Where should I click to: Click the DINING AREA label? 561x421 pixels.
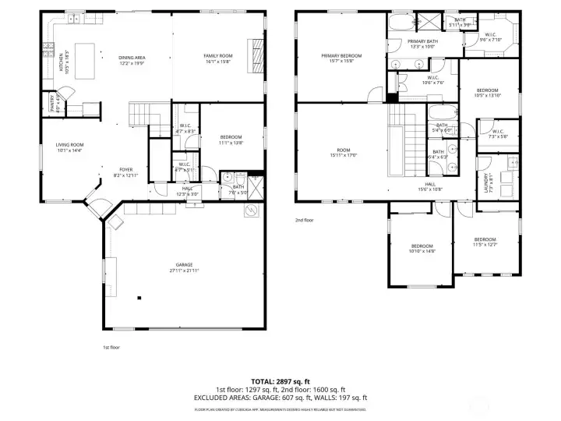[132, 57]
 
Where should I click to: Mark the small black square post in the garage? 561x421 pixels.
[139, 297]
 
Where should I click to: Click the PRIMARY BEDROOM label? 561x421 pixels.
[341, 56]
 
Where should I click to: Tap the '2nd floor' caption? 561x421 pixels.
[304, 220]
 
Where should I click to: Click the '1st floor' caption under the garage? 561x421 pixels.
[111, 347]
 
